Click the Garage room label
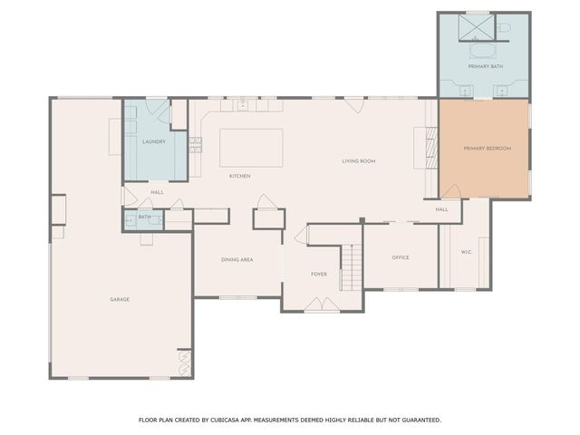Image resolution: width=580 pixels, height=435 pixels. pos(120,299)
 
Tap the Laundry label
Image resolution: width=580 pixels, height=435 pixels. pos(154,141)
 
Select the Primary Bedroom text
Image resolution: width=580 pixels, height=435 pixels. pos(488,149)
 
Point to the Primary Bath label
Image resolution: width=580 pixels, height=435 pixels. pos(486,66)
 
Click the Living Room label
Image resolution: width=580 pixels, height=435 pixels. pos(359,161)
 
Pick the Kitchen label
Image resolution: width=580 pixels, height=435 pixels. pos(239,176)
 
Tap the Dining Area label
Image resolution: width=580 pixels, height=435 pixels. pos(237,260)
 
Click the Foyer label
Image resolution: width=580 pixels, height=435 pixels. pos(318,274)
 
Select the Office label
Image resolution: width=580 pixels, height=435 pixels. pos(401,257)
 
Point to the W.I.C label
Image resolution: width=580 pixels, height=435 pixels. pos(466,252)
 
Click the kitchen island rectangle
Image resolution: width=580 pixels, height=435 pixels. pos(251,148)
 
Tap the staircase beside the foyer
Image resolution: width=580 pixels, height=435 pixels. pos(351,267)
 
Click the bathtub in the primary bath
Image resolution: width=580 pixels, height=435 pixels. pos(483,51)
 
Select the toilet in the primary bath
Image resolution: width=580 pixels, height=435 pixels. pos(504,27)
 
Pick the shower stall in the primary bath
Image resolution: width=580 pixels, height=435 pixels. pos(477,26)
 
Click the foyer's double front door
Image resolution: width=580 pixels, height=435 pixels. pos(322,304)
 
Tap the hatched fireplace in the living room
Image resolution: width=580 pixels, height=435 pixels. pos(431,148)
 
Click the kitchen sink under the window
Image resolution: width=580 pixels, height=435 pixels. pos(242,105)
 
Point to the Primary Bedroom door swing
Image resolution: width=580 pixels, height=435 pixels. pos(451,191)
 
